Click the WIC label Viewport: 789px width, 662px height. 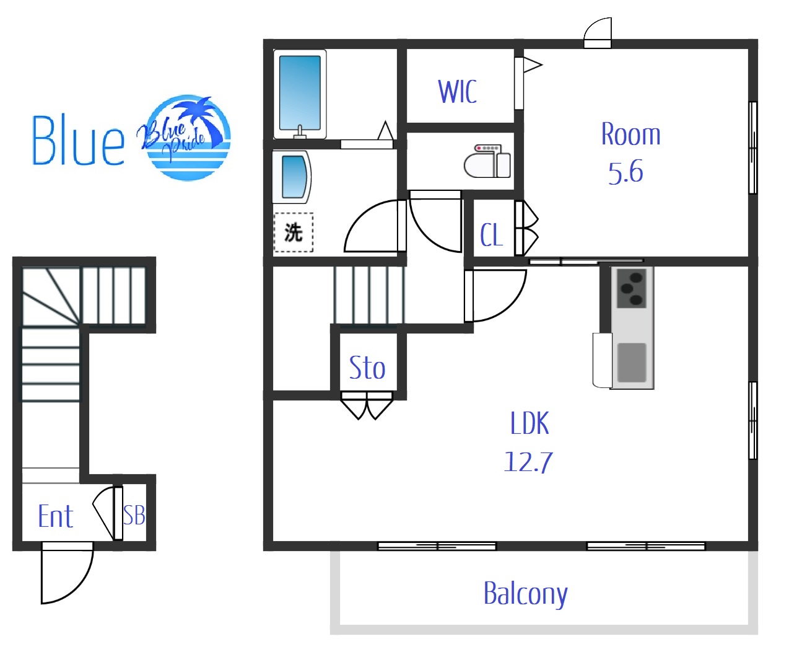[x=457, y=91]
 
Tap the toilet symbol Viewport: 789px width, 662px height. [x=487, y=161]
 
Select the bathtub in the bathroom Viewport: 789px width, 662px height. [x=300, y=94]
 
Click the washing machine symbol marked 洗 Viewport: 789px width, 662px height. [x=294, y=232]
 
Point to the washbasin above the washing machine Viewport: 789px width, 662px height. [x=292, y=177]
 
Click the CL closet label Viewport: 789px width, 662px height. [x=491, y=235]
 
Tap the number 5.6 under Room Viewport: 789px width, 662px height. [x=626, y=172]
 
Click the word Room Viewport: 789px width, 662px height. [x=630, y=134]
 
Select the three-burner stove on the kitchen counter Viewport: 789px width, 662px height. [x=632, y=289]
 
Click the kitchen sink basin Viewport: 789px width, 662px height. [x=632, y=363]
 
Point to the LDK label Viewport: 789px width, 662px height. [x=530, y=423]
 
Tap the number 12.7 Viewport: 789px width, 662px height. [x=529, y=462]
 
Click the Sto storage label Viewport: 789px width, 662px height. [x=367, y=368]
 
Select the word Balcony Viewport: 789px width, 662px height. [x=526, y=594]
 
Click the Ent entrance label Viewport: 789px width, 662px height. [x=56, y=516]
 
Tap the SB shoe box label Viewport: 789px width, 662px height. [x=134, y=515]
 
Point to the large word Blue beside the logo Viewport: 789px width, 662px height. [x=78, y=140]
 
